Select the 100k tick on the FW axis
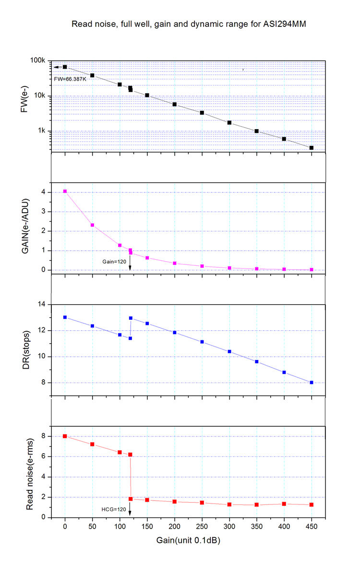coord(38,61)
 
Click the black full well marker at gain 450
coord(312,148)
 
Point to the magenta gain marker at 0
coord(65,192)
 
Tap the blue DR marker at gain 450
coord(312,383)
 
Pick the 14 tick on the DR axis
coord(40,304)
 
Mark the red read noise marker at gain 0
coord(65,436)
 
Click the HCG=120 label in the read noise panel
coord(114,509)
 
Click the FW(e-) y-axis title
coord(25,101)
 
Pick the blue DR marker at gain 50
coord(92,326)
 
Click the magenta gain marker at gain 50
coord(92,225)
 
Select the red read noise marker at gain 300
coord(229,504)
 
